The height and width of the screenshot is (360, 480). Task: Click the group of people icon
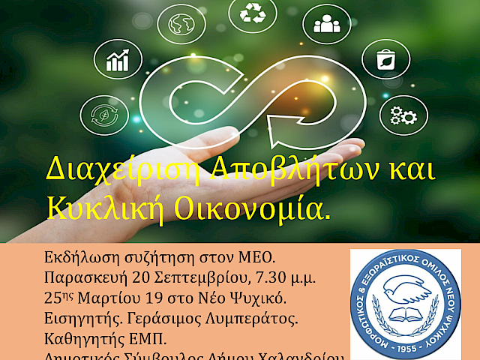tap(326, 25)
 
